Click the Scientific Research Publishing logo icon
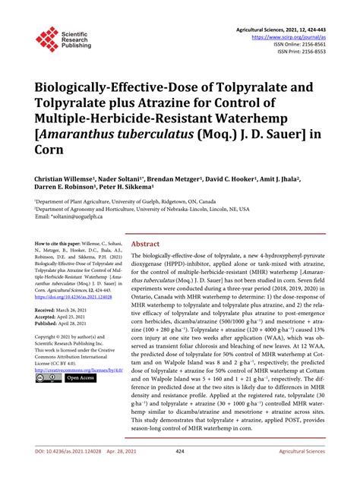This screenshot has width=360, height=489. (x=47, y=40)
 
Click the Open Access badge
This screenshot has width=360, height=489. (x=81, y=377)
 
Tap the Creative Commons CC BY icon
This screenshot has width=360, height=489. (x=46, y=377)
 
